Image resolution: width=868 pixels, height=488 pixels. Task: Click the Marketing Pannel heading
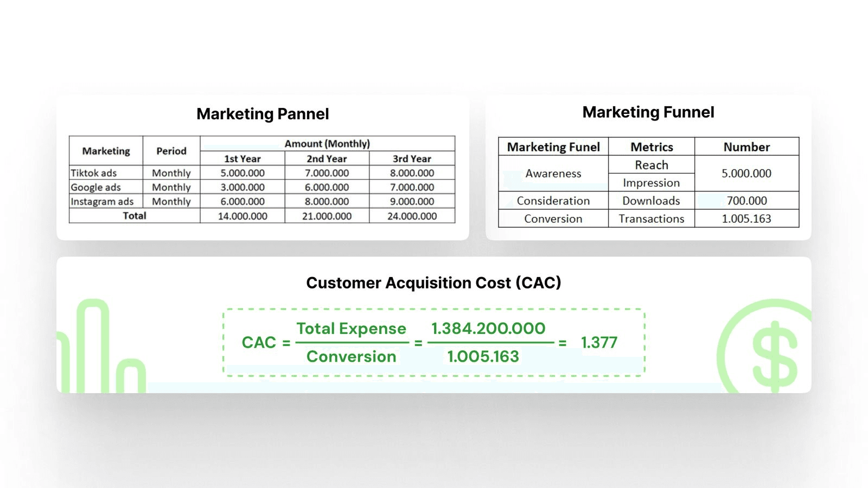(263, 114)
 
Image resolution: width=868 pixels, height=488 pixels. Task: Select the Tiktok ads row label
(94, 173)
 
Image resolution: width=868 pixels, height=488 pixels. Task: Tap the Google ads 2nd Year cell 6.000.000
(327, 187)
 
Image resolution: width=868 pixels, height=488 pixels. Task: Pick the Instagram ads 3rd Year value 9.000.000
(412, 201)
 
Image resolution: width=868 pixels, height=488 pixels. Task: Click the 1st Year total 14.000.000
(242, 216)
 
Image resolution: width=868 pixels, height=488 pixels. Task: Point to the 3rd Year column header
(412, 159)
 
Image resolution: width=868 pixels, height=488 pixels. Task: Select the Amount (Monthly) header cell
(327, 144)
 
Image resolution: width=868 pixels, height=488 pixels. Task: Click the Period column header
(171, 151)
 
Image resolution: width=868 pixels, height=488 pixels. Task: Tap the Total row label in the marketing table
(135, 216)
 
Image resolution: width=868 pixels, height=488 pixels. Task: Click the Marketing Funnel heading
(648, 112)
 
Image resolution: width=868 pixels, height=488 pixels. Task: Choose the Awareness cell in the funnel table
(553, 174)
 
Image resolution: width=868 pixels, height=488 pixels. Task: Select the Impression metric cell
(651, 183)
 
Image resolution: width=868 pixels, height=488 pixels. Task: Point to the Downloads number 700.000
(746, 201)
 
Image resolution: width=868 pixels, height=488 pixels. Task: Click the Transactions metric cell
(651, 219)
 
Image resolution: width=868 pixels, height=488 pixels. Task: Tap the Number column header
(746, 147)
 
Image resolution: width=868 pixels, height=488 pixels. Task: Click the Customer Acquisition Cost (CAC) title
(433, 282)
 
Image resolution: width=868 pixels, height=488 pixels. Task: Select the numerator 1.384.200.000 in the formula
(488, 328)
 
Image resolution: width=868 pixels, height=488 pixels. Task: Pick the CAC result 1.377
(599, 343)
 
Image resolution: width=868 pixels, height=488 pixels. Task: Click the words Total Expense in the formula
(351, 329)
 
